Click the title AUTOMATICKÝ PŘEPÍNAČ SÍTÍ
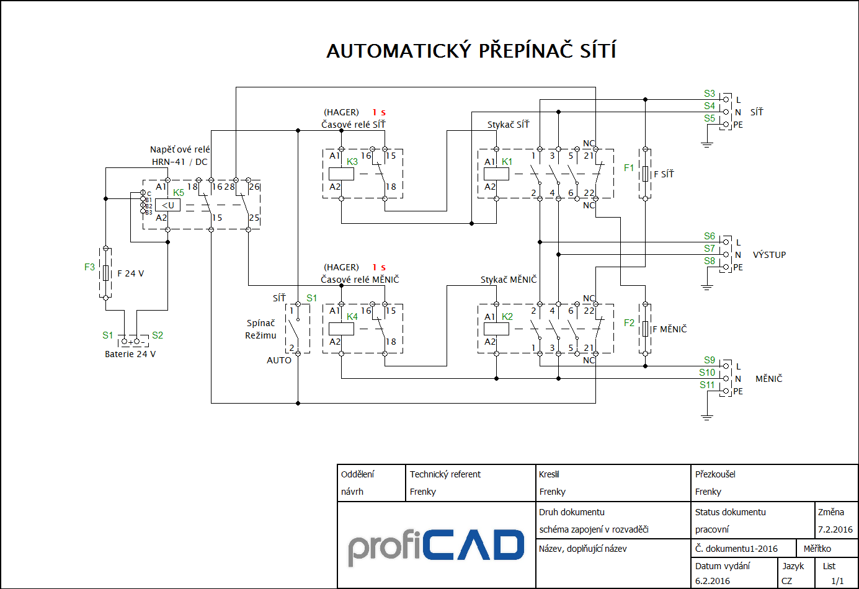tap(471, 51)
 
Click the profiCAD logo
tap(436, 546)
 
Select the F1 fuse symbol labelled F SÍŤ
tap(645, 174)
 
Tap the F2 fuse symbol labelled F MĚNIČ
tap(645, 329)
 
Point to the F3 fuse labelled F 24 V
tap(106, 273)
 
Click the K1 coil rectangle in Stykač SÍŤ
tap(496, 174)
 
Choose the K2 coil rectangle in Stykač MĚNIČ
tap(496, 329)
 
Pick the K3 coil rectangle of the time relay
tap(341, 174)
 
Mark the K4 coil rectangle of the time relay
tap(341, 329)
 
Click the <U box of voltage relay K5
tap(168, 205)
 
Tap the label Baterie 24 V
tap(130, 354)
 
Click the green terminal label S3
tap(710, 94)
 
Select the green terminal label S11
tap(707, 385)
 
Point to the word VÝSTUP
tap(769, 255)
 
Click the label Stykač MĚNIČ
tap(508, 280)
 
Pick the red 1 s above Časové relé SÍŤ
tap(379, 112)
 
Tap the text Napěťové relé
tap(180, 149)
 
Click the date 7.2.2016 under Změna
tap(835, 529)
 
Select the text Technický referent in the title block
tap(445, 474)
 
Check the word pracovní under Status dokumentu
tap(712, 529)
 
